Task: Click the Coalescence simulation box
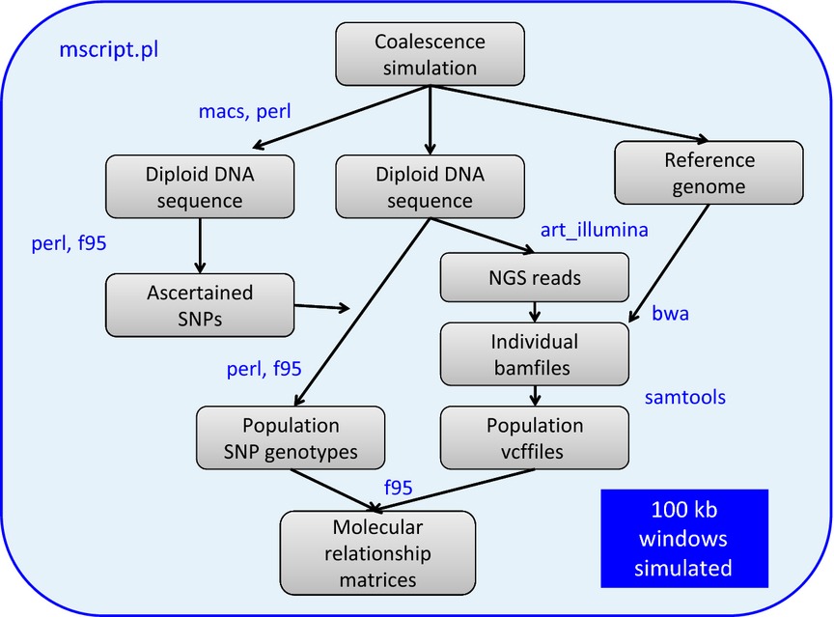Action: click(430, 54)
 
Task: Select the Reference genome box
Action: click(709, 172)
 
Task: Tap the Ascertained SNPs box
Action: click(200, 305)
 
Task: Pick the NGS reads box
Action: click(535, 277)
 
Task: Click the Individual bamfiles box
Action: click(535, 353)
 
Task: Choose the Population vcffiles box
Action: click(535, 437)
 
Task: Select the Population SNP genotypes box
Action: click(291, 437)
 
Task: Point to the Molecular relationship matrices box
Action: click(377, 552)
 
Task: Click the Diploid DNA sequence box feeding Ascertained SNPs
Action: click(200, 186)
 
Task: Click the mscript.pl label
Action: click(108, 49)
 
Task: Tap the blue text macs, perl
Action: click(244, 112)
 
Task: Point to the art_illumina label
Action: click(594, 230)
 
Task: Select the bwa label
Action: click(670, 313)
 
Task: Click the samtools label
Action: click(685, 397)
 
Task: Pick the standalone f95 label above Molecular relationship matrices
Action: click(399, 488)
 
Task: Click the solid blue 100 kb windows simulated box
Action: click(684, 538)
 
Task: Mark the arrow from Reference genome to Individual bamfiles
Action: click(669, 264)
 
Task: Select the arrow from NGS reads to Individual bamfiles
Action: click(535, 312)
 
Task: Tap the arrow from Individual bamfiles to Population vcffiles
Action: click(535, 396)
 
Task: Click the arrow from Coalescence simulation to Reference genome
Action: click(570, 113)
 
